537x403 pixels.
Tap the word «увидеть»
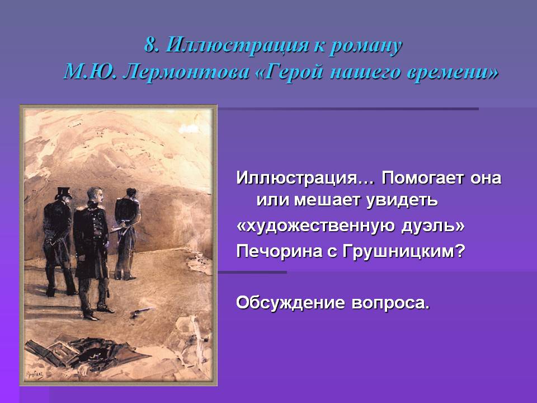click(402, 200)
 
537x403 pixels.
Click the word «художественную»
click(320, 226)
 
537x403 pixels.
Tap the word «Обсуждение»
click(290, 303)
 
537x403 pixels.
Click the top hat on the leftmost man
click(63, 193)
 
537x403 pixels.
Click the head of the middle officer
click(95, 196)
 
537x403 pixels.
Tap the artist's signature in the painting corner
click(35, 374)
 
